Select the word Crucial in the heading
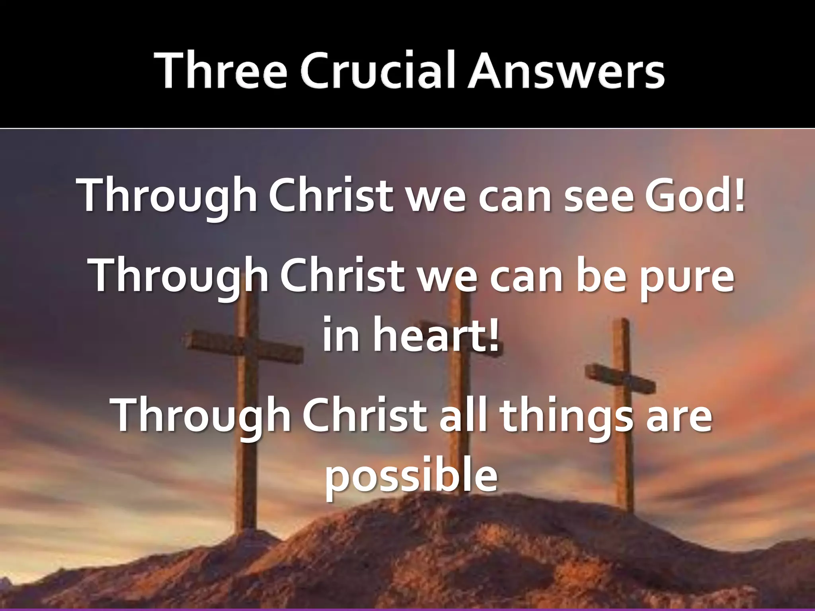point(377,71)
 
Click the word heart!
point(436,334)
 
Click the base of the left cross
point(248,521)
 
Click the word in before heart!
point(341,334)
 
